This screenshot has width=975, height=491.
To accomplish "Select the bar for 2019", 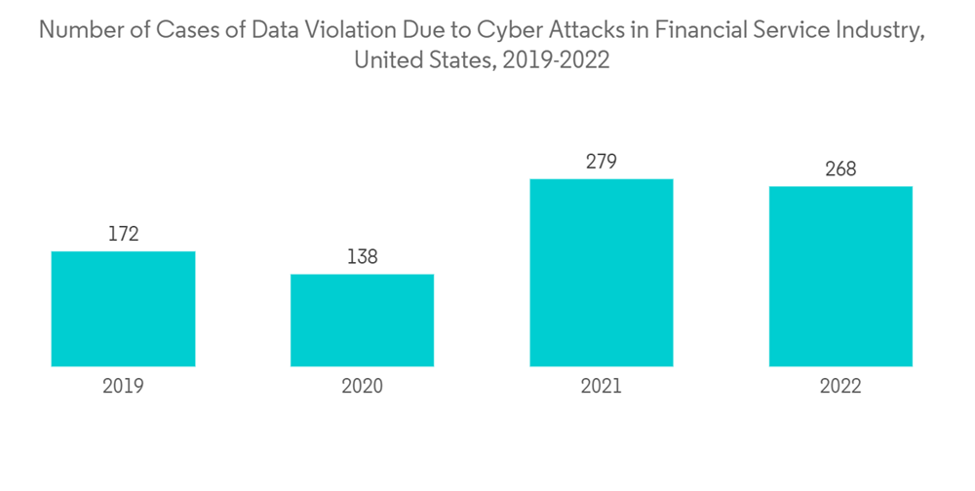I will tap(123, 309).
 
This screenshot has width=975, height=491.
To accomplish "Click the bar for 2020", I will tap(362, 321).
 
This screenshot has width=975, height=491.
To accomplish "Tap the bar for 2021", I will tap(601, 273).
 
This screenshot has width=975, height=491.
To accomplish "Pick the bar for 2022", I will tap(840, 277).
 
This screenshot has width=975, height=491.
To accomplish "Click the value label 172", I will tap(123, 234).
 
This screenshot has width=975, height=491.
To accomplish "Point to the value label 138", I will tap(362, 257).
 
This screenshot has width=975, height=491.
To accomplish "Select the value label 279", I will tap(601, 162).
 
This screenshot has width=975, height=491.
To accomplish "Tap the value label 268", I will tap(840, 170).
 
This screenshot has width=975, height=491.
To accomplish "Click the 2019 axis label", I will tap(123, 386).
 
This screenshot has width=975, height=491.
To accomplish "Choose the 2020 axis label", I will tap(362, 386).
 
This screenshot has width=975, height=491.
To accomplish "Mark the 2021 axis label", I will tap(601, 386).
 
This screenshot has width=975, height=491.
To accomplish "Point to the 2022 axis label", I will tap(840, 386).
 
